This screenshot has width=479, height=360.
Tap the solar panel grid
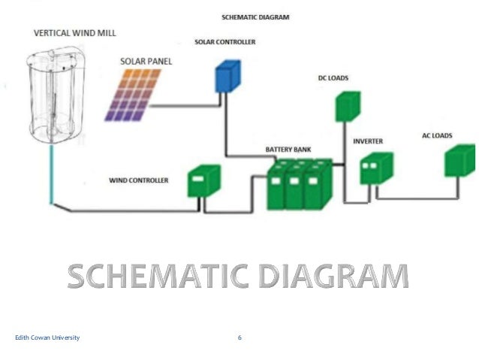[x=133, y=95]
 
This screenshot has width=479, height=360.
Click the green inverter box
[x=375, y=168]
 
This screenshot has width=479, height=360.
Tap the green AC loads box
[x=459, y=160]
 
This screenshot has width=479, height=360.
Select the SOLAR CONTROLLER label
[x=224, y=42]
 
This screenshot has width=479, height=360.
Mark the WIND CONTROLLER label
[x=139, y=180]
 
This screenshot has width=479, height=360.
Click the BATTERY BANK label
[x=288, y=150]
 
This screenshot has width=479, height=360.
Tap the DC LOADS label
[x=333, y=77]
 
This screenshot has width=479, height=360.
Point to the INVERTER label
[x=369, y=141]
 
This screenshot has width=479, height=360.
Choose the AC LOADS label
[x=436, y=135]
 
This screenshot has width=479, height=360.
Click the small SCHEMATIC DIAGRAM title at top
[x=255, y=17]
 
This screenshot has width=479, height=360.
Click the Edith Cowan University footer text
[x=47, y=338]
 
